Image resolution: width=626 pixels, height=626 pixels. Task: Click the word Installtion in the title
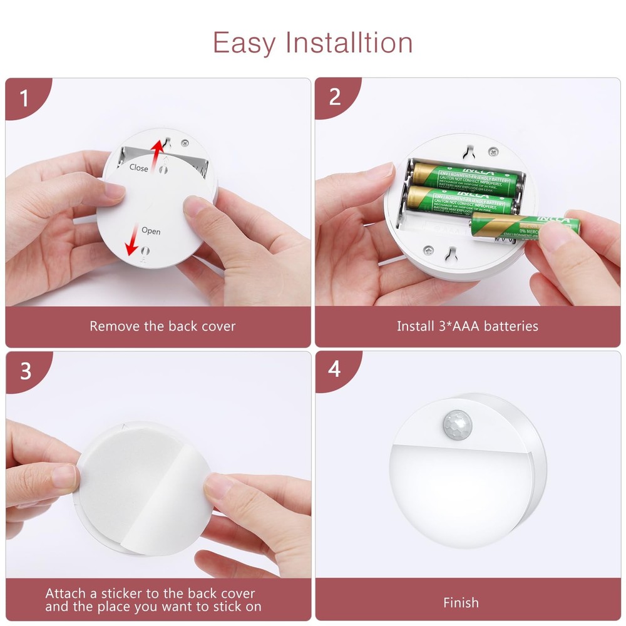pos(349,43)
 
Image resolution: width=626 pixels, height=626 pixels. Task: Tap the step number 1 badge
pos(24,98)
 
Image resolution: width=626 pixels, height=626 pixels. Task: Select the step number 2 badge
pos(334,97)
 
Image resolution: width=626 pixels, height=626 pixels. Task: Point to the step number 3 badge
pos(25,371)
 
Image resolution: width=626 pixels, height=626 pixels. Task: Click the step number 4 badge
pos(334,369)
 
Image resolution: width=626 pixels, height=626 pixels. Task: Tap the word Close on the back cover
pos(139,168)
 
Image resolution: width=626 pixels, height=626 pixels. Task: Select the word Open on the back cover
pos(151,231)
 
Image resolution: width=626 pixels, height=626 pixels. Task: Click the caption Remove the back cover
pos(162,326)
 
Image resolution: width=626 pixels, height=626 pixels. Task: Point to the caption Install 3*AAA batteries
pos(467,326)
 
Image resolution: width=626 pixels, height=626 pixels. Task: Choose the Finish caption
pos(461,603)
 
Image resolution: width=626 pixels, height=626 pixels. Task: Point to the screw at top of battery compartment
pos(493,151)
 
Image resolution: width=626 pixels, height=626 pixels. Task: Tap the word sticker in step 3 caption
pos(125,593)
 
